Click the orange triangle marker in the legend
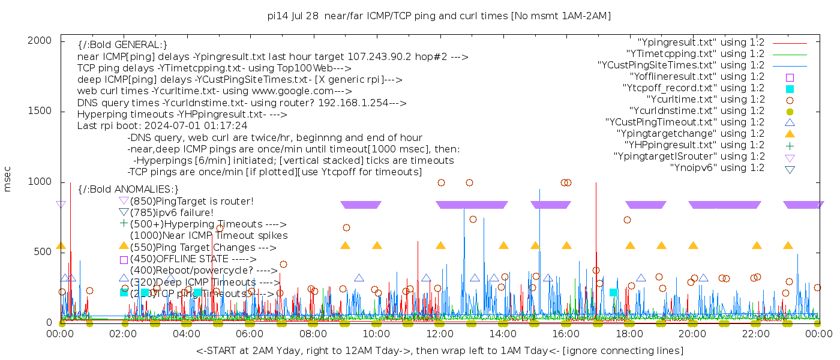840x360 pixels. click(x=790, y=134)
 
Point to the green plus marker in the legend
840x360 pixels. click(x=790, y=145)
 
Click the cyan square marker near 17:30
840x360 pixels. click(x=614, y=292)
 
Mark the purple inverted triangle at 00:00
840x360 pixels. click(x=61, y=205)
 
